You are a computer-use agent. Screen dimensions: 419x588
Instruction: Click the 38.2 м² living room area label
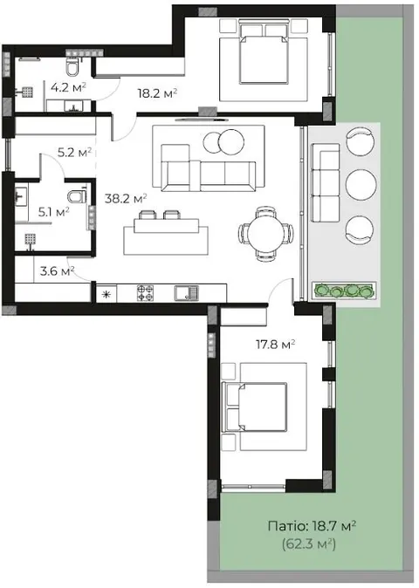126,198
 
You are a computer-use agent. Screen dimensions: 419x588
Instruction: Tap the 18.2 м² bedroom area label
157,93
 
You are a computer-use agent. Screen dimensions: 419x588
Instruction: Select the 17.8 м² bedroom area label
276,344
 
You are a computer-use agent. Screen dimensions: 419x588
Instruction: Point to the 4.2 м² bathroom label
69,88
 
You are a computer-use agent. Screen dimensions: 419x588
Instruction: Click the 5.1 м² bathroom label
53,212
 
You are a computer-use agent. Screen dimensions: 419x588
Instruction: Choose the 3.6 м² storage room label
57,270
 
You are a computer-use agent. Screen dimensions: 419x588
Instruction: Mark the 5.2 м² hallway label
74,153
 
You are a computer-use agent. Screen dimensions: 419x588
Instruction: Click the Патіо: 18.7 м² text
313,526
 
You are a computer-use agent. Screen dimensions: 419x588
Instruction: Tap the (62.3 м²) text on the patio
309,543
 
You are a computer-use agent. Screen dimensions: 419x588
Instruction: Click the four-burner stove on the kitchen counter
145,293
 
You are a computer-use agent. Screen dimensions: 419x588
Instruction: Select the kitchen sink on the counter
187,293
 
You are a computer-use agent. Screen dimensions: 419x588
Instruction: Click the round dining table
266,233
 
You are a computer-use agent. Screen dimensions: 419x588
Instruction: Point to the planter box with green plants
344,290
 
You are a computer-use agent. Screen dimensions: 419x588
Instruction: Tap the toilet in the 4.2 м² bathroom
72,67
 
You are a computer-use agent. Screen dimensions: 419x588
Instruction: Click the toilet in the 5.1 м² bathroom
78,196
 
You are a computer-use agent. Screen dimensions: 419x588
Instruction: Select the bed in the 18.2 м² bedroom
264,53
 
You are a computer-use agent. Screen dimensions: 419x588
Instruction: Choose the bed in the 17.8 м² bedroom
254,407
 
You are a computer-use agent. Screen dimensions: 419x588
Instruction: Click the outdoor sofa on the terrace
326,183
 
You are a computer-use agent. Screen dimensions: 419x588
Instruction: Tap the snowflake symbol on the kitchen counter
106,294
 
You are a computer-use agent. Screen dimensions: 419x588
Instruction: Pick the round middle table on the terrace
361,185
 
